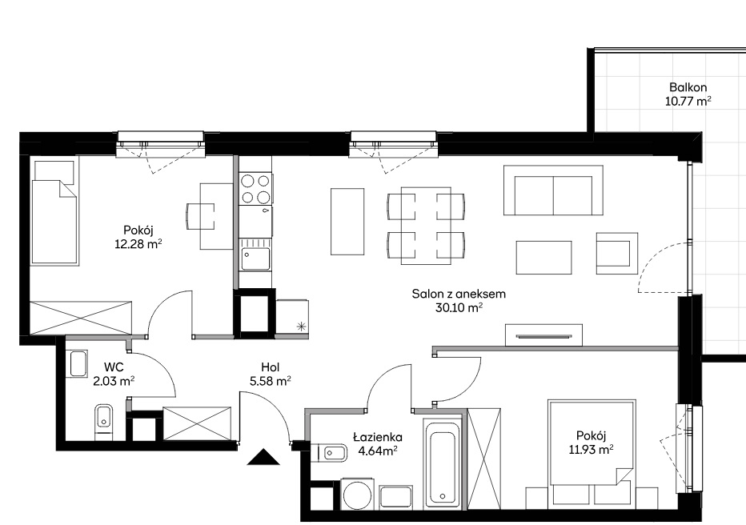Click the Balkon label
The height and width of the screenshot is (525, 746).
pyautogui.click(x=688, y=87)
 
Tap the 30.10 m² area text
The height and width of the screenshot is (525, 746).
pyautogui.click(x=459, y=307)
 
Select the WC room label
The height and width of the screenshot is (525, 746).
pyautogui.click(x=114, y=367)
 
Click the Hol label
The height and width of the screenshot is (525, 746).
pyautogui.click(x=271, y=367)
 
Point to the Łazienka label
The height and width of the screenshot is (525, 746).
pyautogui.click(x=378, y=437)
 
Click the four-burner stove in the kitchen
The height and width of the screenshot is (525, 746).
pyautogui.click(x=255, y=189)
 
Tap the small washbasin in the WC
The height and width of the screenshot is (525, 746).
pyautogui.click(x=78, y=364)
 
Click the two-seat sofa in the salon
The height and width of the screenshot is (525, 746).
pyautogui.click(x=553, y=190)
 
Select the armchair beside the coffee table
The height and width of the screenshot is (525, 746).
pyautogui.click(x=617, y=253)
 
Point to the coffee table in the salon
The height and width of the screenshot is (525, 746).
pyautogui.click(x=543, y=257)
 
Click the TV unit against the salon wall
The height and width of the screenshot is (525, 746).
pyautogui.click(x=543, y=335)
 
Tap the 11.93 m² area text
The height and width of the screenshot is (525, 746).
pyautogui.click(x=591, y=450)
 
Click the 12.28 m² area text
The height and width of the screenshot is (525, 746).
pyautogui.click(x=138, y=244)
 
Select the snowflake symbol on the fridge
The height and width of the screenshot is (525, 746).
pyautogui.click(x=300, y=327)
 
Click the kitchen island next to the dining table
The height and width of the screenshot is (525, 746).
pyautogui.click(x=347, y=221)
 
